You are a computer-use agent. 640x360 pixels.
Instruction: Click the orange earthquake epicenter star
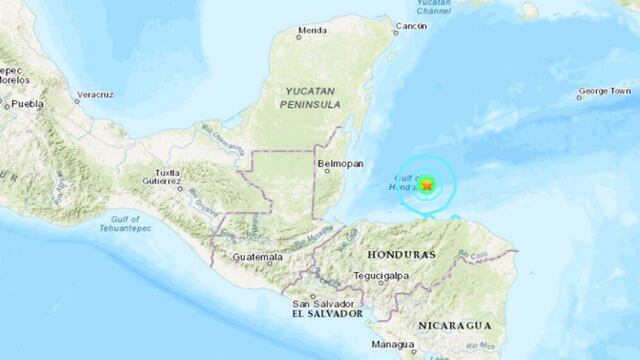pyautogui.click(x=427, y=184)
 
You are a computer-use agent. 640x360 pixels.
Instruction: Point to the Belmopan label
pyautogui.click(x=334, y=161)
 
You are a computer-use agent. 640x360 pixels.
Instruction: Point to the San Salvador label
pyautogui.click(x=315, y=303)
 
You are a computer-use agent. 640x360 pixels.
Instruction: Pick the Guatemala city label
pyautogui.click(x=254, y=258)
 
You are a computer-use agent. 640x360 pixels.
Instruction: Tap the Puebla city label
pyautogui.click(x=25, y=103)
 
